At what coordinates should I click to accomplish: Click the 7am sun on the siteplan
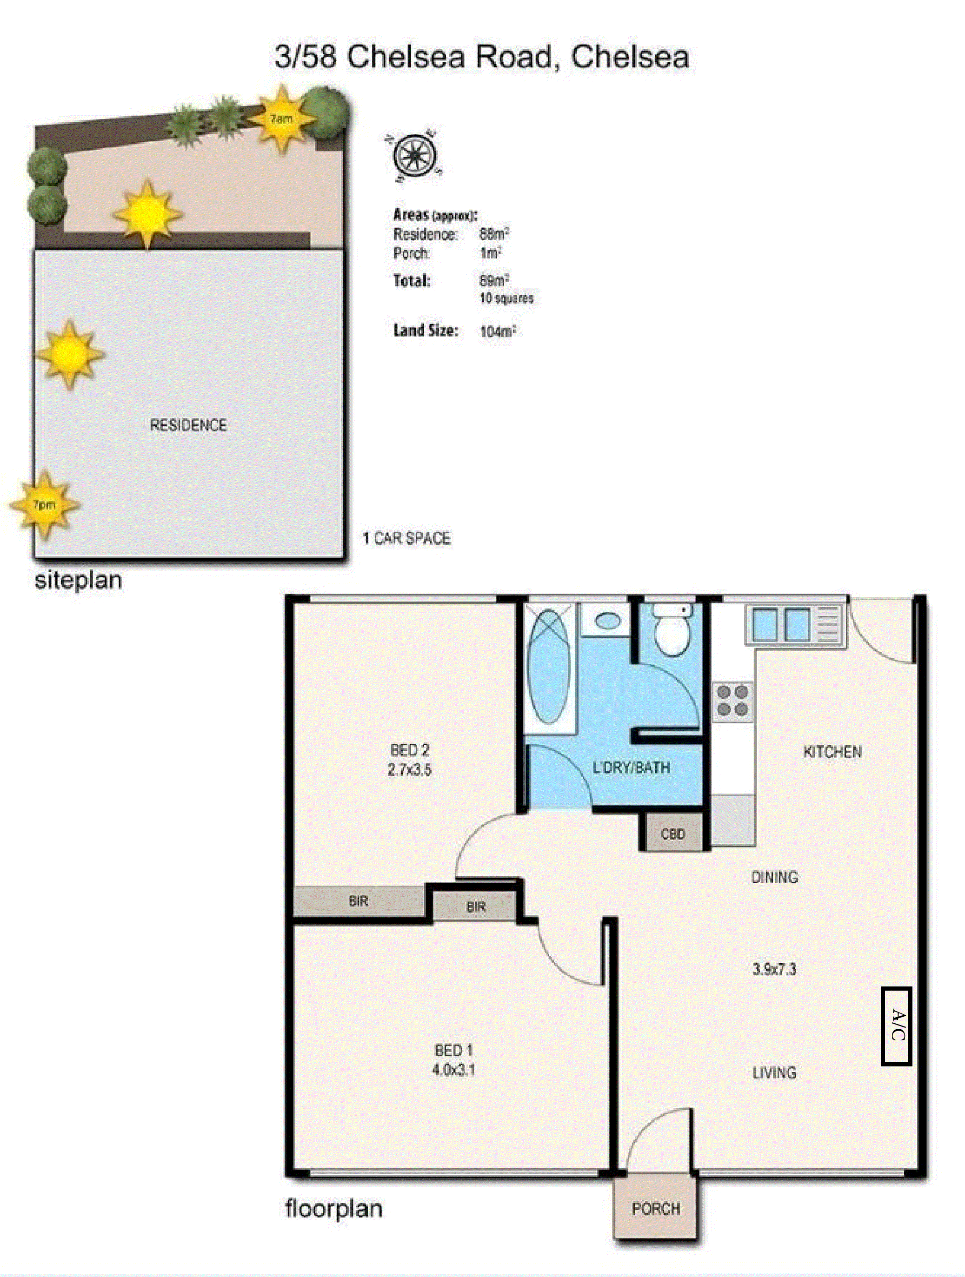point(281,119)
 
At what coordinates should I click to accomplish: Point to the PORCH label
point(655,1208)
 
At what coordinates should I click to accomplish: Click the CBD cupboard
point(673,834)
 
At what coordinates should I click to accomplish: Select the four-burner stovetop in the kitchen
point(733,700)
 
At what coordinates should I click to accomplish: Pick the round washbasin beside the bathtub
point(607,621)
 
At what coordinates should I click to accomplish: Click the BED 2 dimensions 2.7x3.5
point(409,769)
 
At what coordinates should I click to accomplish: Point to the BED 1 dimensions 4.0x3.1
point(453,1070)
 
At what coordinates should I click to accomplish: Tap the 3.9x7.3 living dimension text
point(774,969)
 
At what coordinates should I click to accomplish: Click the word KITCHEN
point(832,752)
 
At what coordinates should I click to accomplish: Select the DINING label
point(774,877)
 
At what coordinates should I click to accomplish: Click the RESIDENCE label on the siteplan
point(188,425)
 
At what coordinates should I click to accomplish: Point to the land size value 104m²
point(497,331)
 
